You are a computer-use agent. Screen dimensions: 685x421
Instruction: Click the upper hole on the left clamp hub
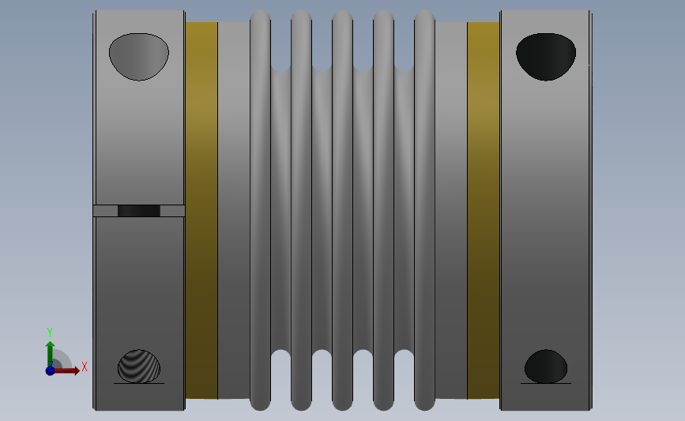point(139,57)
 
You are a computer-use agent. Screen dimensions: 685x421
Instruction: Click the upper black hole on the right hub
point(546,57)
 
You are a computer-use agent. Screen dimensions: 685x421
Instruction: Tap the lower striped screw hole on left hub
point(139,366)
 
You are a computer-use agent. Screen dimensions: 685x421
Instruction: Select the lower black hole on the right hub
point(546,366)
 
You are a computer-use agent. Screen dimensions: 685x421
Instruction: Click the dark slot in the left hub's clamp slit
point(139,211)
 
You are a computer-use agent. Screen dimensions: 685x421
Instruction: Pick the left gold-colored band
point(201,210)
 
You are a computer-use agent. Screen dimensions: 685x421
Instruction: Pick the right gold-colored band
point(484,210)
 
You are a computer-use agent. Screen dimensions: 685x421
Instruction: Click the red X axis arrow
point(66,370)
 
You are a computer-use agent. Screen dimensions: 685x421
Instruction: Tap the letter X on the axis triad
point(85,366)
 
